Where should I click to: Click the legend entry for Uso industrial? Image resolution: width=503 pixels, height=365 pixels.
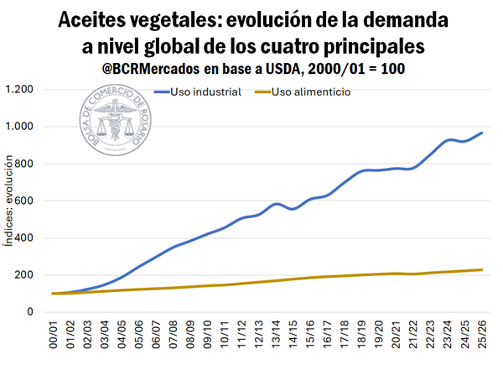[x=206, y=91]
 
